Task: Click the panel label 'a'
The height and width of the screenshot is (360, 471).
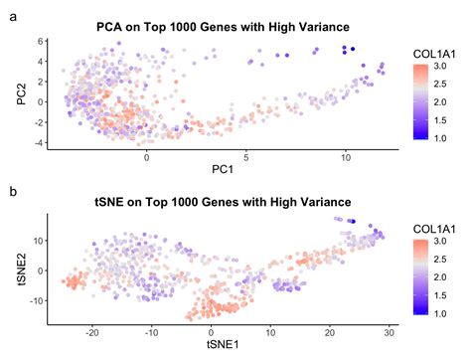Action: [x=12, y=16]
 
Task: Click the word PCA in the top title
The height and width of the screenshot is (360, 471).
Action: [x=109, y=25]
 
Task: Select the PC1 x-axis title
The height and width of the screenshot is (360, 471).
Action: [x=222, y=171]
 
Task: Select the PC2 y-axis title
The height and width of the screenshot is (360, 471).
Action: [x=13, y=92]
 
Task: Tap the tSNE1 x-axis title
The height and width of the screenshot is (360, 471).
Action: [x=222, y=347]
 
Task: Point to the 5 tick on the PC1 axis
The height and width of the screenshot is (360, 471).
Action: [x=246, y=158]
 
